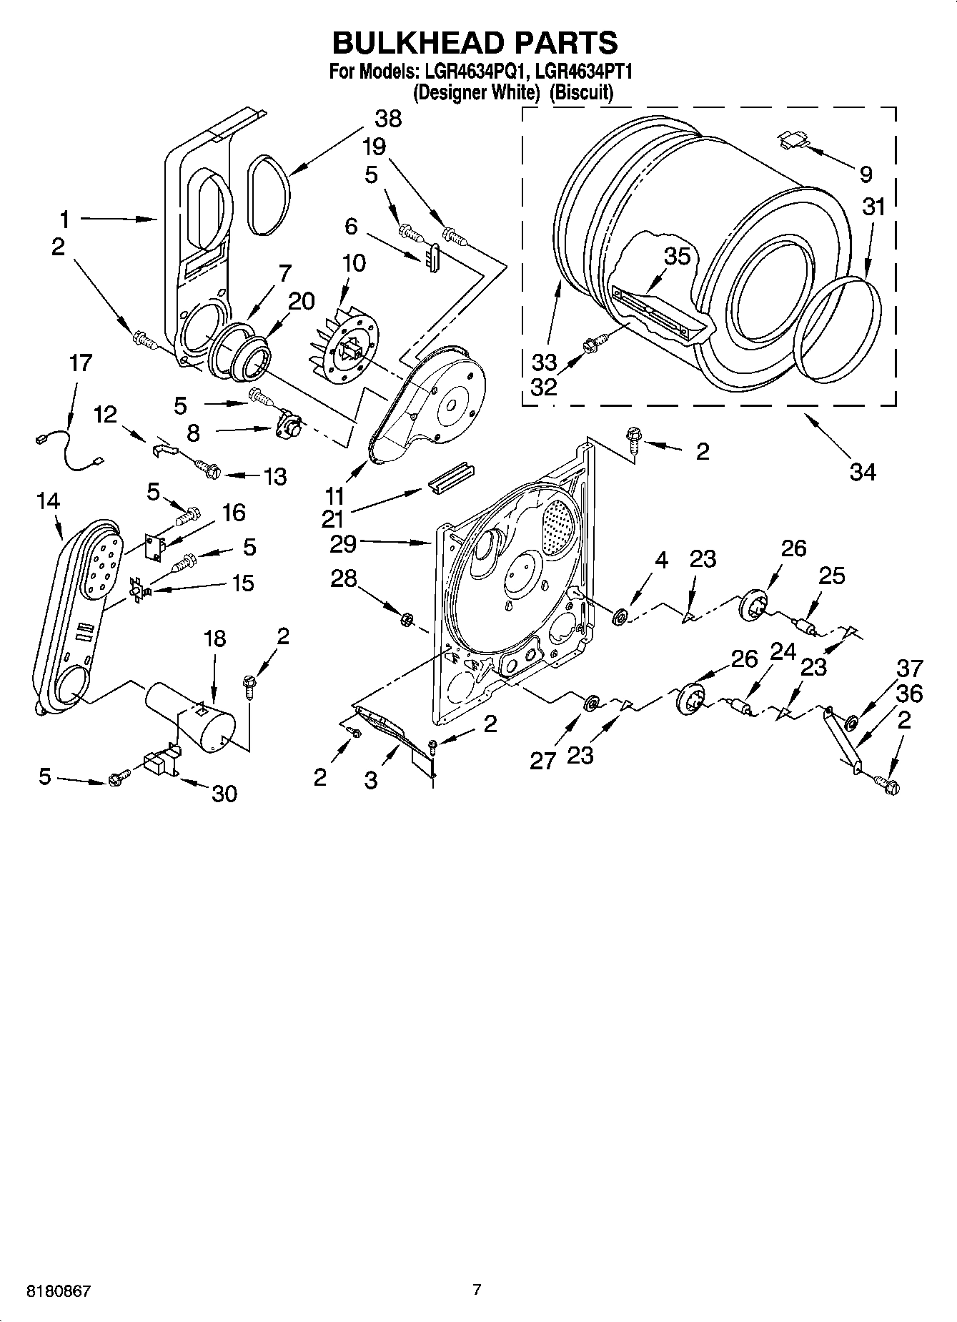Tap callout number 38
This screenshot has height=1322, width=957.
pyautogui.click(x=387, y=119)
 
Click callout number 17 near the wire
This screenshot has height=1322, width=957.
pyautogui.click(x=81, y=362)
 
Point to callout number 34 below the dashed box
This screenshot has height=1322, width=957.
pyautogui.click(x=863, y=471)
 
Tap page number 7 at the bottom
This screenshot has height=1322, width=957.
pyautogui.click(x=477, y=1290)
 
